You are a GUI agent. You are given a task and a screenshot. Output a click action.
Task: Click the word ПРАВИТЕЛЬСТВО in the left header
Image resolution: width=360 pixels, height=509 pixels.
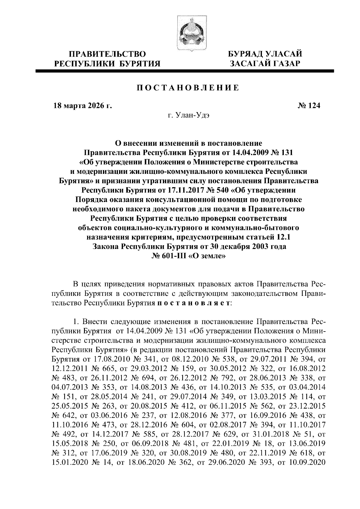(108, 54)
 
